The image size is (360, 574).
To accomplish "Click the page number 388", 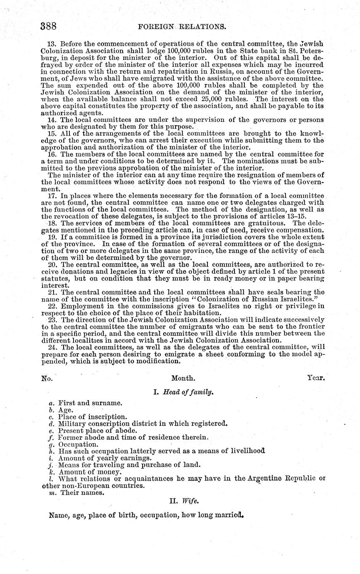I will coord(48,26).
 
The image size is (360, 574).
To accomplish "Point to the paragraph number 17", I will coord(52,196).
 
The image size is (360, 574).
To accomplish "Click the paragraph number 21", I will coord(52,292).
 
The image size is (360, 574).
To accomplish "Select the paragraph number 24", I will coord(52,348).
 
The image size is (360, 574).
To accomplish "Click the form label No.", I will coord(46,379).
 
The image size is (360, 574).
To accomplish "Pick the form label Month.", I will coord(183,379).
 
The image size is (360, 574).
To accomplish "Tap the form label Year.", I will coord(316,378).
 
